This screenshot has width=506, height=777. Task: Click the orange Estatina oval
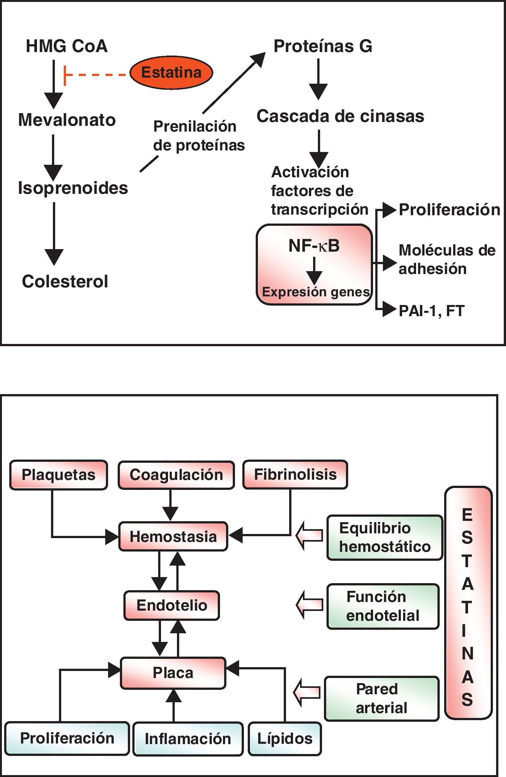[171, 72]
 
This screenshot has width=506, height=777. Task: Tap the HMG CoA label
[67, 46]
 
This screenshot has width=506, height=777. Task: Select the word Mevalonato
[67, 120]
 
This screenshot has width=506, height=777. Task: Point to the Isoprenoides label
[73, 188]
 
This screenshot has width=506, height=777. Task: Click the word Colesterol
[65, 281]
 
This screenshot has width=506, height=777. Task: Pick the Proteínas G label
[323, 46]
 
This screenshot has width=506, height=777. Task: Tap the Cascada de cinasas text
[341, 116]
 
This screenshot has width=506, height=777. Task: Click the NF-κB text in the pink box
[314, 246]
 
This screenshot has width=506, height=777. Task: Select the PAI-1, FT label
[431, 311]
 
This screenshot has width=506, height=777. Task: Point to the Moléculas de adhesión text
[447, 260]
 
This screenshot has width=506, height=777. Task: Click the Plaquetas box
[59, 475]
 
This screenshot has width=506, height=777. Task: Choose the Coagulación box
[176, 475]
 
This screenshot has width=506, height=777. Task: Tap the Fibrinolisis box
[295, 474]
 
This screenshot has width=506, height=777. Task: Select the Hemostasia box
[173, 537]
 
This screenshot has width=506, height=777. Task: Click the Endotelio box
[172, 605]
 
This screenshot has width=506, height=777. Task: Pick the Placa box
[173, 673]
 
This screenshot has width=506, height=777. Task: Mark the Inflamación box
[188, 739]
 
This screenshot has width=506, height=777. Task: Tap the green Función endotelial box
[383, 606]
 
